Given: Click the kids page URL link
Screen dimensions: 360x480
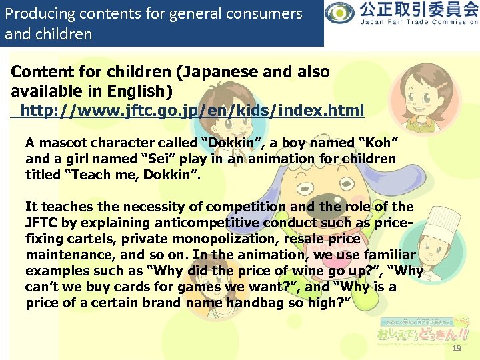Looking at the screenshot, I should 192,111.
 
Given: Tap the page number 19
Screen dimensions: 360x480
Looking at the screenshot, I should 456,349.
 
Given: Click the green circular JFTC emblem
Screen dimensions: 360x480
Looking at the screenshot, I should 341,13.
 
